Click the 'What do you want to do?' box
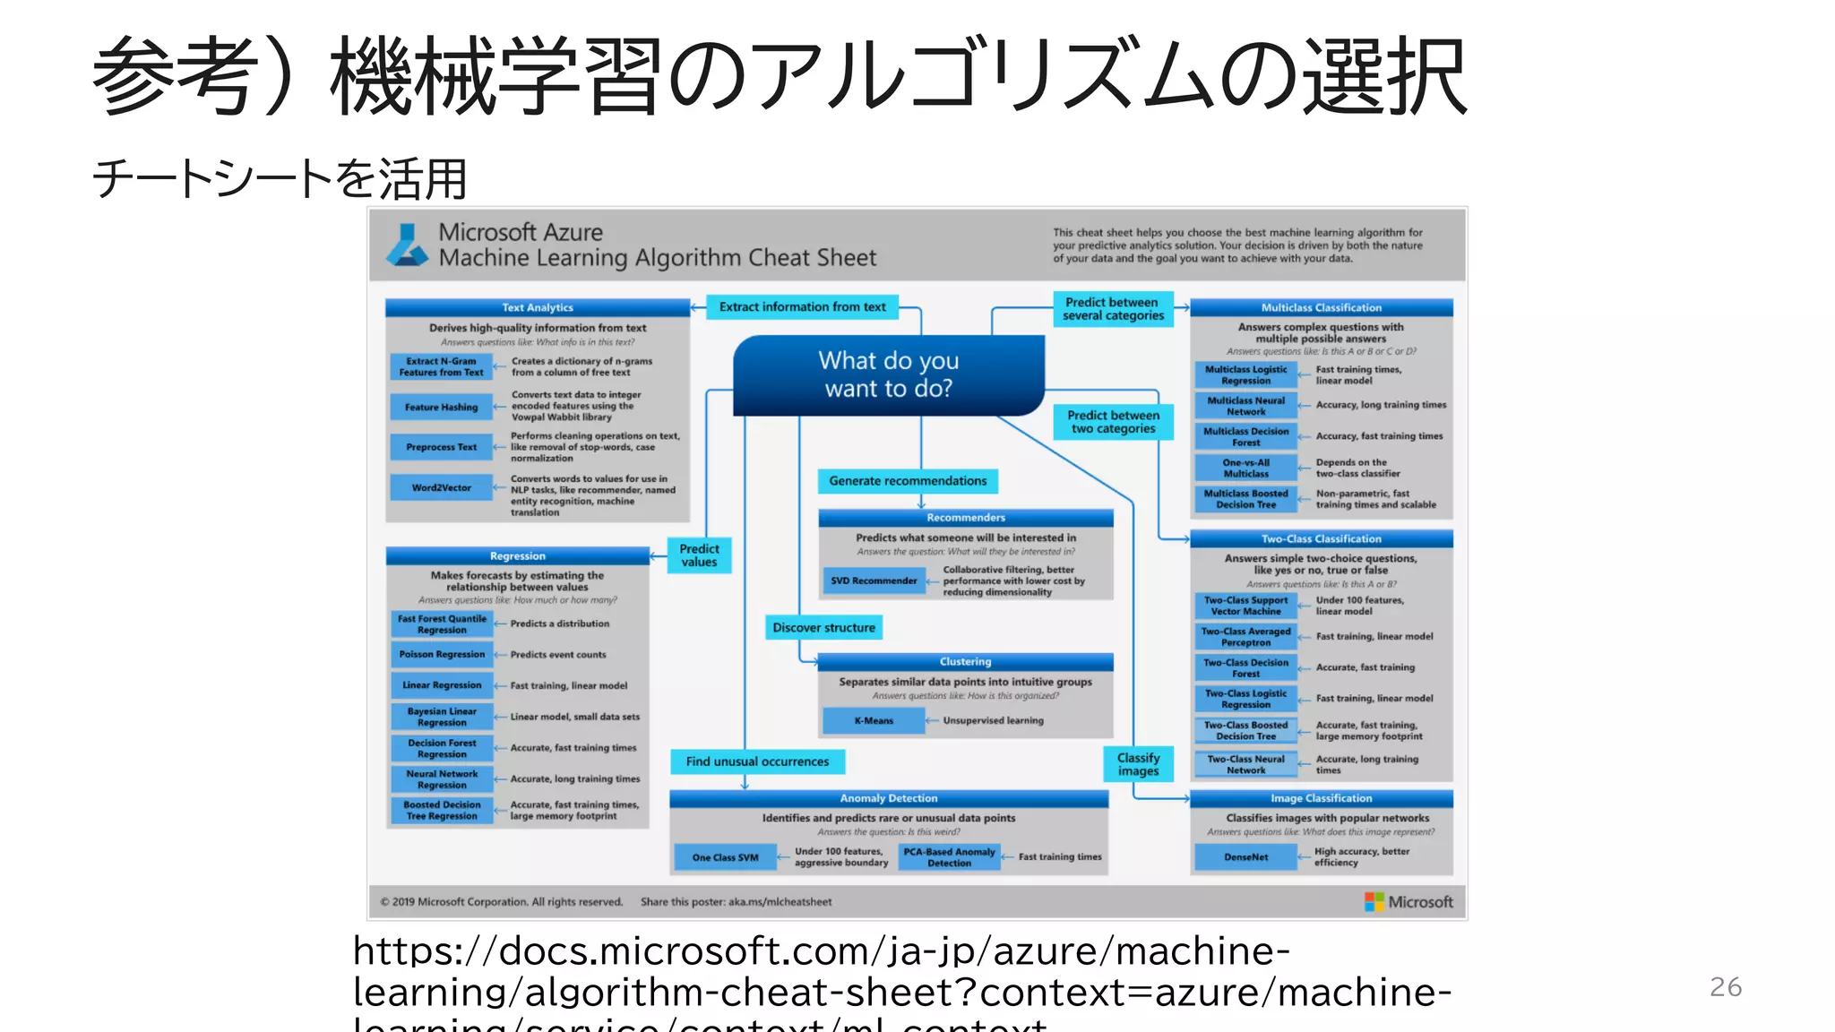coord(889,374)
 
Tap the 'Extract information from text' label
coord(802,307)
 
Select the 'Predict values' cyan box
coord(699,555)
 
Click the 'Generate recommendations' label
coord(908,481)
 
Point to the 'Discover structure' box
coord(823,628)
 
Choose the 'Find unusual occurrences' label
coord(757,761)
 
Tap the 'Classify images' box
coord(1138,764)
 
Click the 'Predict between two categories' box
coord(1113,422)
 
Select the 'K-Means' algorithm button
coord(874,720)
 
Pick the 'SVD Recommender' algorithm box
coord(874,580)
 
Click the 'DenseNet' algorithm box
coord(1245,857)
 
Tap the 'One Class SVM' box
coord(725,857)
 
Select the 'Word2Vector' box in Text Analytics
coord(441,487)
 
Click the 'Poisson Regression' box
coord(442,654)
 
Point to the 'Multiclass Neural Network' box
coord(1245,406)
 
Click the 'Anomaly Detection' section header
coord(888,798)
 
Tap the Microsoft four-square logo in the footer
coord(1374,902)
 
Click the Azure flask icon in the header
coord(408,245)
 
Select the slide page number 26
coord(1725,986)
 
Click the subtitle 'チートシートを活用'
coord(280,178)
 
